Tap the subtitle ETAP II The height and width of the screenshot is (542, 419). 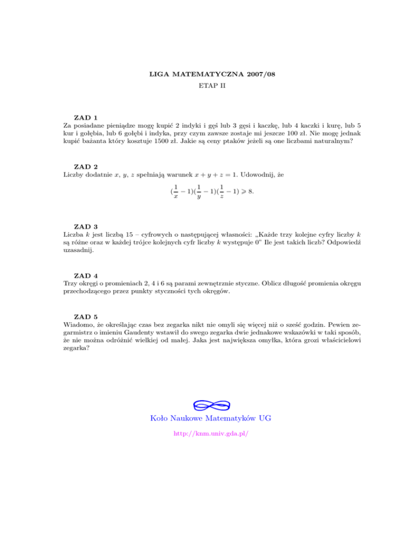coord(210,86)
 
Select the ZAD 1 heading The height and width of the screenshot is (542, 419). coord(86,117)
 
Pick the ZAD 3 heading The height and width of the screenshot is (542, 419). coord(86,226)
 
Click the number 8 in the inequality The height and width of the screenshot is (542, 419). coord(250,192)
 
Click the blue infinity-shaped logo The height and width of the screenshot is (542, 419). coord(210,405)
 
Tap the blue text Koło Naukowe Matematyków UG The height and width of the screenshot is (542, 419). coord(210,419)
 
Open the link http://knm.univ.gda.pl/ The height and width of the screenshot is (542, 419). coord(210,434)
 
